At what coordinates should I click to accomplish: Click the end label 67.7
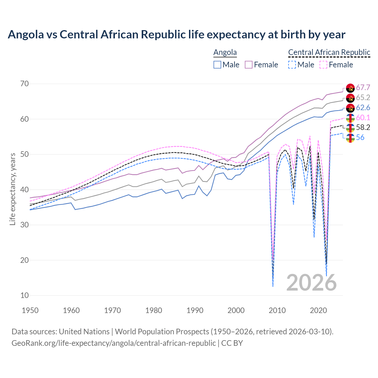363,88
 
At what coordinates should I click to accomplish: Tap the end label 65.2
363,98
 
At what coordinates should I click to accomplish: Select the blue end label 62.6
363,108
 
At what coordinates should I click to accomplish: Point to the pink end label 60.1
363,118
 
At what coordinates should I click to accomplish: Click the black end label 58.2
363,127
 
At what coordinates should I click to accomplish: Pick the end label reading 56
360,137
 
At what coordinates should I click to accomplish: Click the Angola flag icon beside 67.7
350,88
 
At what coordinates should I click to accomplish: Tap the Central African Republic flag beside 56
350,138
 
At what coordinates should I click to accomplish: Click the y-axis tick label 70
25,84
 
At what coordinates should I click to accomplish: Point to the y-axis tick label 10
25,295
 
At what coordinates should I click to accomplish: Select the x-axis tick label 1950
30,310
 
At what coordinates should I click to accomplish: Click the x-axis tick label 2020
318,310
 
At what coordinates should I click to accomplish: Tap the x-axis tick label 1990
195,310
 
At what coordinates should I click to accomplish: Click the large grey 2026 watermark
312,283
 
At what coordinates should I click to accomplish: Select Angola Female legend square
249,65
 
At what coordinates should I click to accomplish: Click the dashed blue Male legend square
292,65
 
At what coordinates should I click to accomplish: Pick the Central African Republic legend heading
329,52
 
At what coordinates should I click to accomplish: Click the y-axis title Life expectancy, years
12,189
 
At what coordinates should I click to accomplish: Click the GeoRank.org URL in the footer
113,343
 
